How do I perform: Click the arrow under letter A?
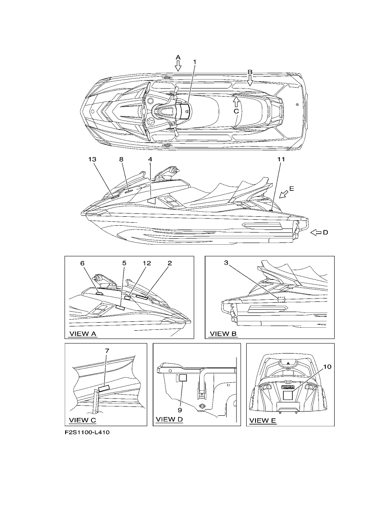178,66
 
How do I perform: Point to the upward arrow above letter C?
236,102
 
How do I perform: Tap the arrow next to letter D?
316,232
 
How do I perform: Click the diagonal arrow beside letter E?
284,194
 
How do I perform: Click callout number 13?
92,159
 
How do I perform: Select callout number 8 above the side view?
121,159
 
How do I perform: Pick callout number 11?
281,159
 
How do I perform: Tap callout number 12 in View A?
147,263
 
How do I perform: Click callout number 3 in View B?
226,263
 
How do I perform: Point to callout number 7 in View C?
107,351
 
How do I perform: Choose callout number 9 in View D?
180,410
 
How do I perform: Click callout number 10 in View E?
327,367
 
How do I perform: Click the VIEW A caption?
83,334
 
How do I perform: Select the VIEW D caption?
169,419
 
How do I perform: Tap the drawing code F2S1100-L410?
87,432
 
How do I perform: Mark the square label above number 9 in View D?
183,378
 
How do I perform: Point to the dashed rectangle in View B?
282,300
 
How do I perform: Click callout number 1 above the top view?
195,62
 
